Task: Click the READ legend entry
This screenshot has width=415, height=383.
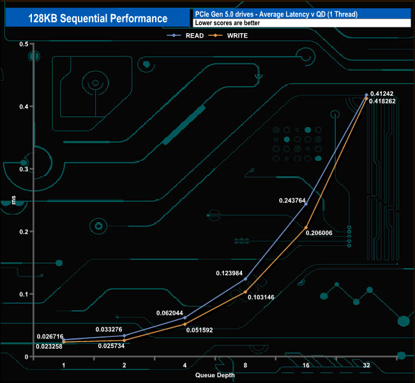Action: [x=185, y=36]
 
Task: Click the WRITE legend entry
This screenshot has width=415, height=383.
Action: [x=228, y=36]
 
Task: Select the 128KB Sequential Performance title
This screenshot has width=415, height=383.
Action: [x=98, y=19]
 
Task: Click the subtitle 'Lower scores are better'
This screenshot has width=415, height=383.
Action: [x=227, y=23]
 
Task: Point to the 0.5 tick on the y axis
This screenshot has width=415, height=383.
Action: [x=24, y=44]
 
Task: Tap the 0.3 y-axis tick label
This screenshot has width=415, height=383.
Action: [x=24, y=169]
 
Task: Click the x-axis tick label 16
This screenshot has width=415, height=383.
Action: [x=306, y=365]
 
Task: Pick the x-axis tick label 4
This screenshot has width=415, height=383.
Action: [x=185, y=365]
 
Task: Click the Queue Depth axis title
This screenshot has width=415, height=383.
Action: [x=215, y=375]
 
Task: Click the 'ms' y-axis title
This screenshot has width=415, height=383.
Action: [x=14, y=200]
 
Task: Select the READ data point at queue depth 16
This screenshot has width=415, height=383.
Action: [x=306, y=204]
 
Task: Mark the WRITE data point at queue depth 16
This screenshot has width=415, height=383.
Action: [x=306, y=228]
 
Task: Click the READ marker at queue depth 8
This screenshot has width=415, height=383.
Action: [x=245, y=279]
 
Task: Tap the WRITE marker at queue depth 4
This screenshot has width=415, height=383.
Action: [x=185, y=324]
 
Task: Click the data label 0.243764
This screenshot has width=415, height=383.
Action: [x=292, y=200]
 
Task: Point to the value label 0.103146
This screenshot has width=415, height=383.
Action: [x=261, y=297]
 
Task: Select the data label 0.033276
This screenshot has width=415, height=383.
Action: [x=109, y=329]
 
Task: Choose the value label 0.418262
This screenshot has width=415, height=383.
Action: [x=382, y=101]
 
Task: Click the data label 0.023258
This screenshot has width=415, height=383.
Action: [x=49, y=347]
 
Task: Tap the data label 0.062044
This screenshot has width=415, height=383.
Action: [x=170, y=313]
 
